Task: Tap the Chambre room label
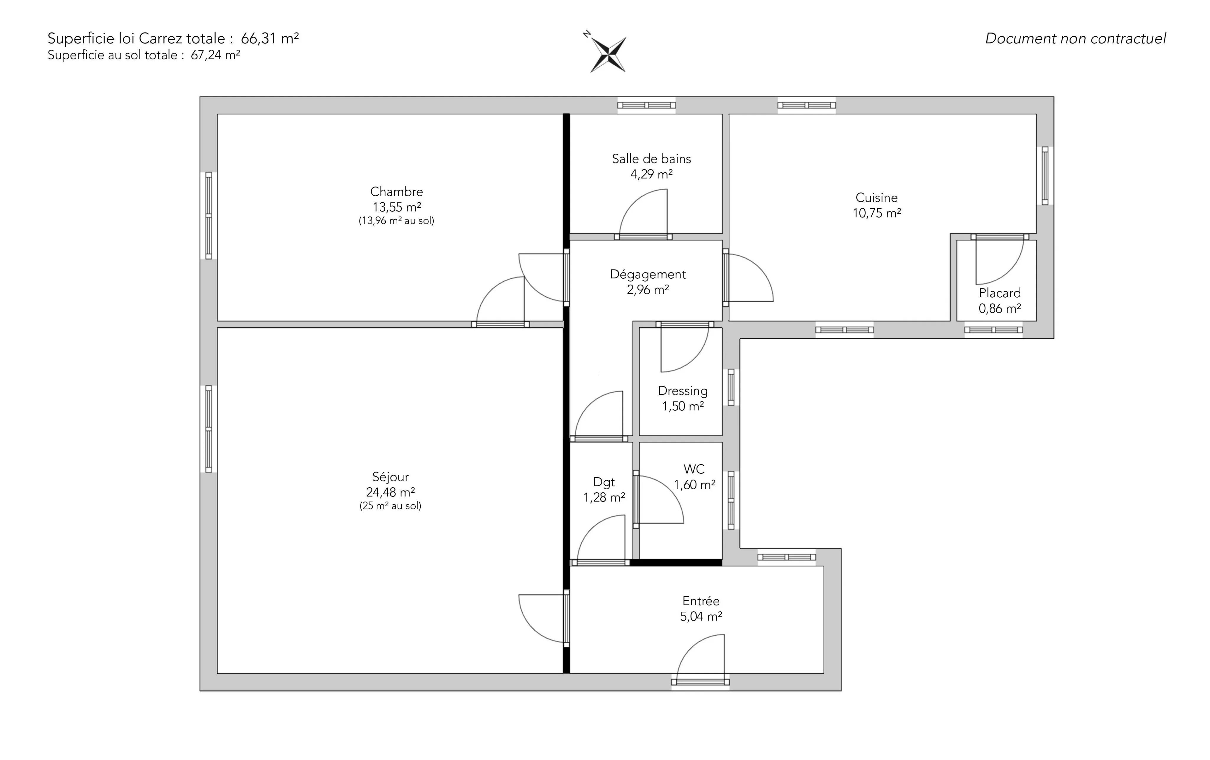(x=396, y=191)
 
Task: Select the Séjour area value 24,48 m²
(x=391, y=492)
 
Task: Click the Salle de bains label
(x=651, y=159)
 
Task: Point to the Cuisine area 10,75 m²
(x=877, y=213)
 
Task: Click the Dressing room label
(x=683, y=391)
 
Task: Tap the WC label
(x=694, y=469)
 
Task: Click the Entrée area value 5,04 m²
(x=701, y=616)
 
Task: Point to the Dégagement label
(x=648, y=275)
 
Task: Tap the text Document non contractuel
(x=1075, y=39)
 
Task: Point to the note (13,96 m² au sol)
(x=396, y=221)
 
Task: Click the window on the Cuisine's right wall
(x=1045, y=176)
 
